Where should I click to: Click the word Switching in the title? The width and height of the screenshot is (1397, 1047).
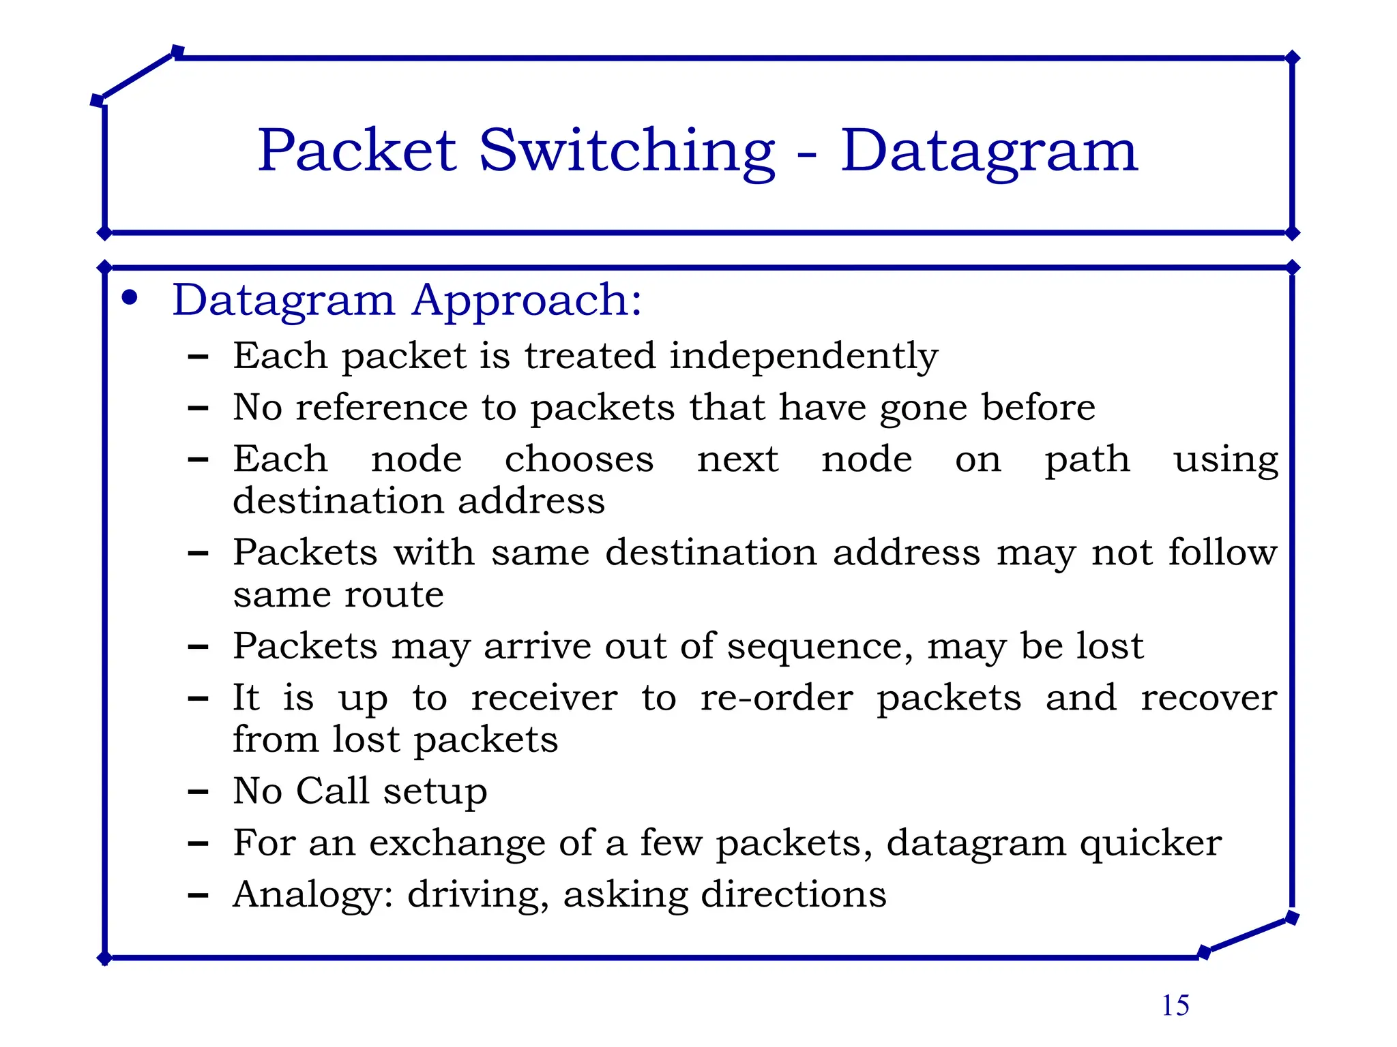tap(627, 151)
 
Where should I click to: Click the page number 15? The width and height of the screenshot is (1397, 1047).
tap(1175, 1005)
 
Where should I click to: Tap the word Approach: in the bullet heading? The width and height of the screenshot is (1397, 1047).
tap(527, 301)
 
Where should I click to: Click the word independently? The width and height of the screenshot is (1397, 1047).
tap(804, 356)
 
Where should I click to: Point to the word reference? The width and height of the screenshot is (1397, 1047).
tap(381, 408)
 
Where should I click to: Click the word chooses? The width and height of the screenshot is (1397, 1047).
tap(579, 459)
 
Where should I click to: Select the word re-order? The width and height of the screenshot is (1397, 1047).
tap(777, 698)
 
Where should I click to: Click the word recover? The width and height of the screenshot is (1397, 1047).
tap(1209, 698)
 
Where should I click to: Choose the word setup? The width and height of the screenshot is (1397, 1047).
tap(435, 792)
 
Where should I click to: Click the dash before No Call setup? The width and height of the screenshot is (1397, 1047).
tap(198, 792)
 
